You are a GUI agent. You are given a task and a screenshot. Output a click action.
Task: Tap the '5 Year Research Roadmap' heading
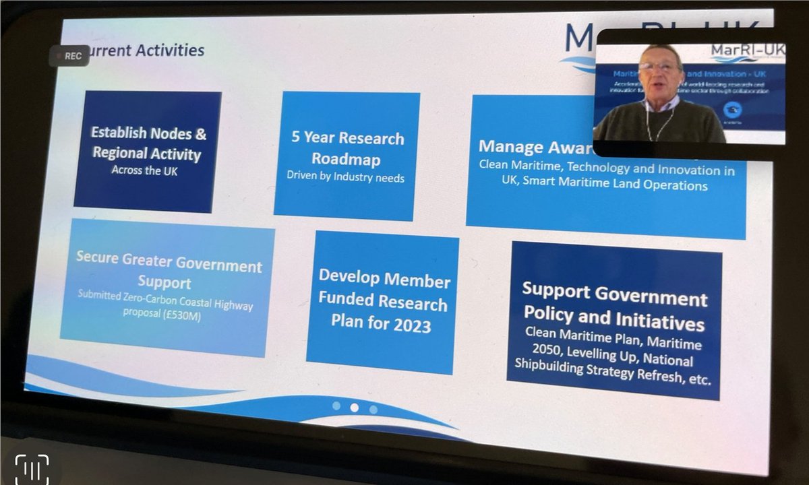(347, 149)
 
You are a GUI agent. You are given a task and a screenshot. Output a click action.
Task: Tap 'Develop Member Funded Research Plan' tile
(382, 300)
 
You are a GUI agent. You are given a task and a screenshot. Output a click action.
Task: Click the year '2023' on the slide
(409, 325)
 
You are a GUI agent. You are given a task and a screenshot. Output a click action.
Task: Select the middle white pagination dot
(355, 408)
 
